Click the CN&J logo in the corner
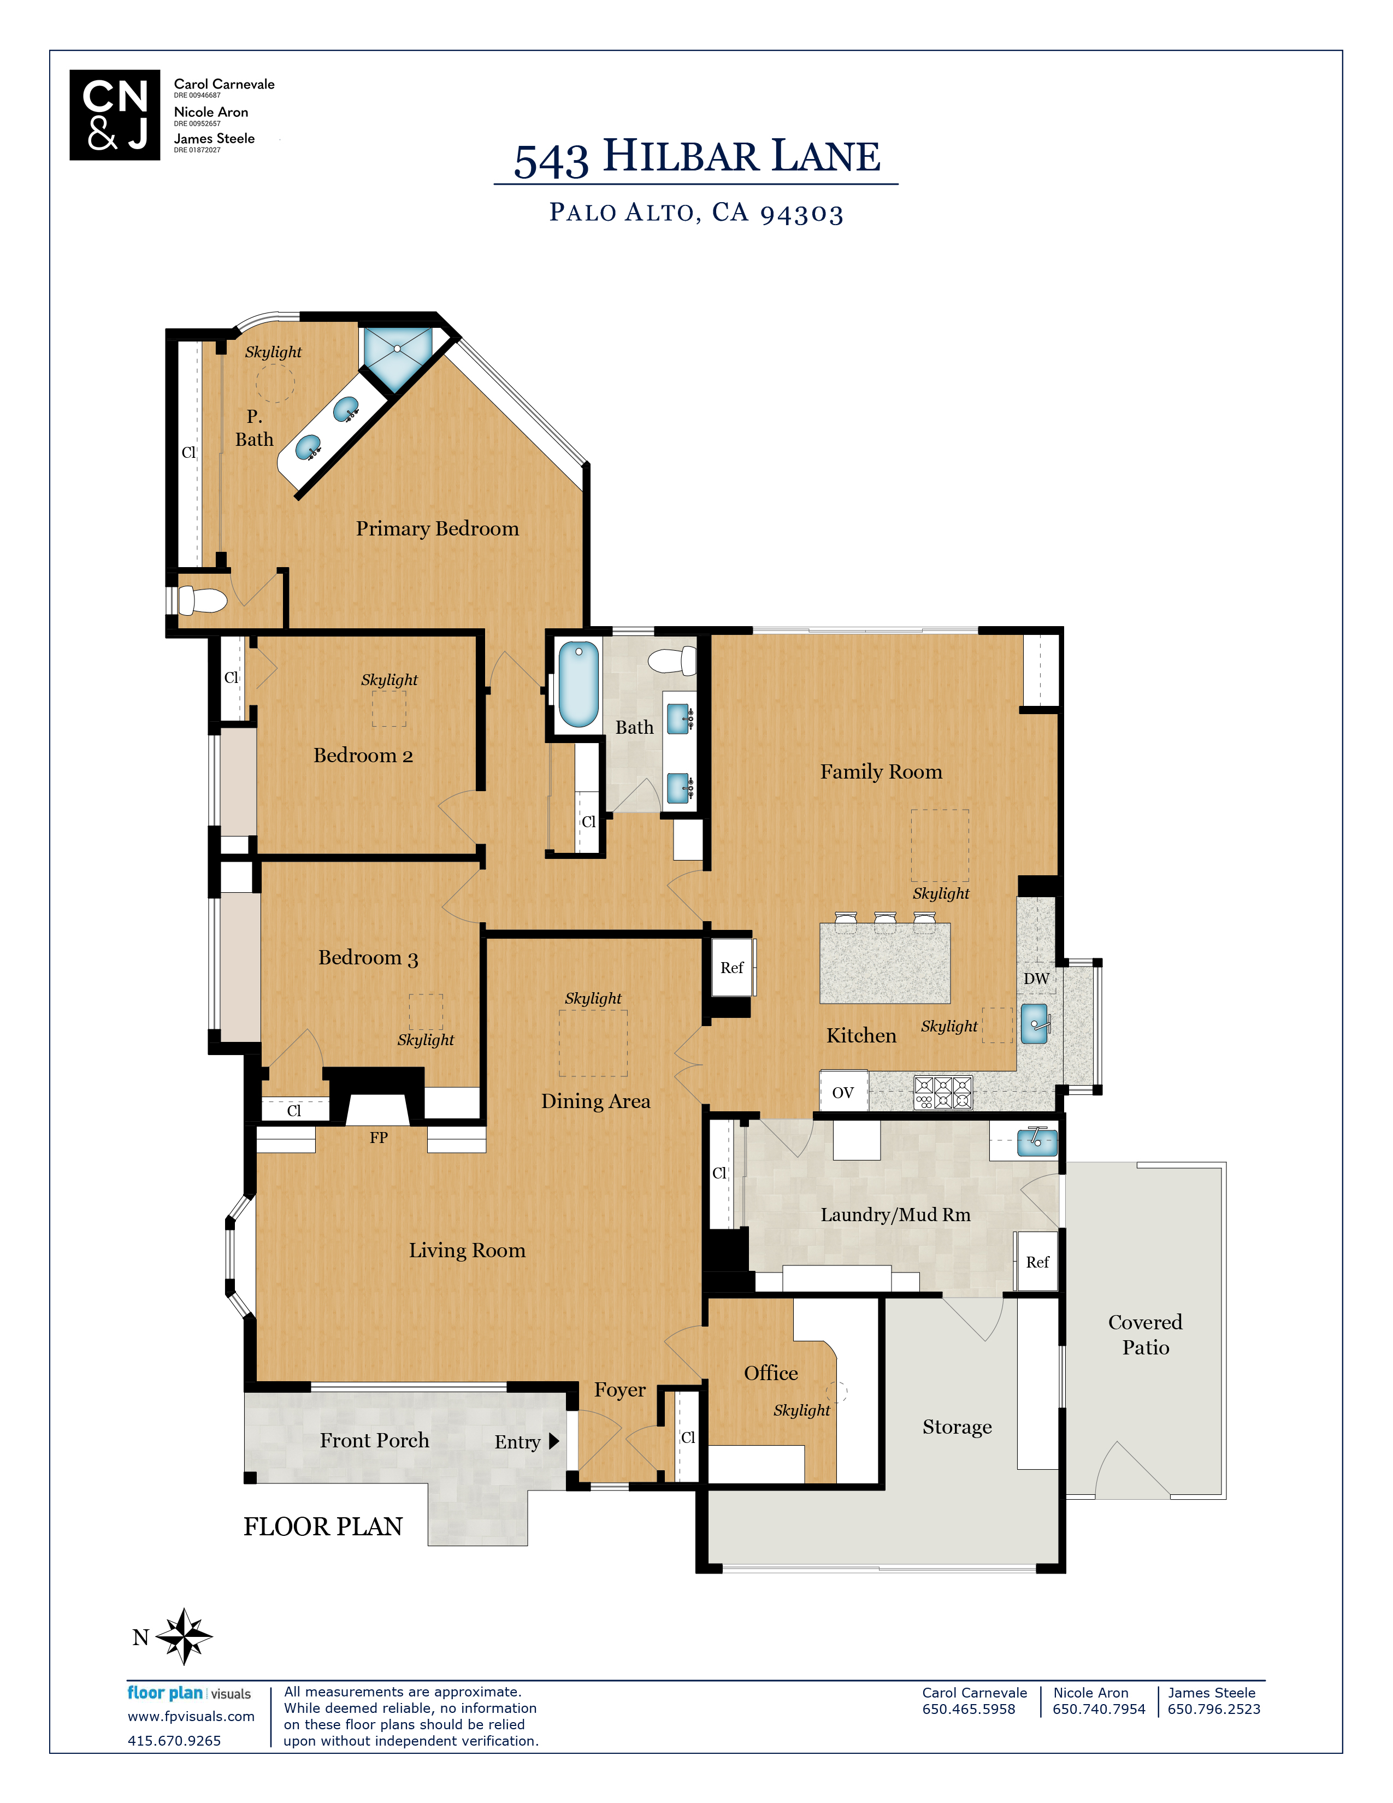115,115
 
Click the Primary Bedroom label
438,528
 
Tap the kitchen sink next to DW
1035,1024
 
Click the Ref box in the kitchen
732,968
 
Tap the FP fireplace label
379,1138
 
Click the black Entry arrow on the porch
554,1441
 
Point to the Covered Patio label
1146,1334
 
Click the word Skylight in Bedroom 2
389,680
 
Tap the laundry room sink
1036,1142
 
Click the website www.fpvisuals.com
191,1716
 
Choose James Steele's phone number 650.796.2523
1214,1709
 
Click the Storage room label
957,1427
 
